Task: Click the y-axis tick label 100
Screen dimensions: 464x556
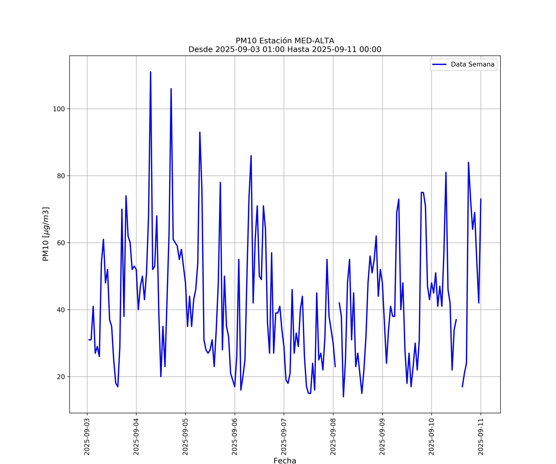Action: coord(59,109)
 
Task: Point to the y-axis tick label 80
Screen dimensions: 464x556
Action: coord(61,176)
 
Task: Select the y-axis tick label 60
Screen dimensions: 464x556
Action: coord(61,243)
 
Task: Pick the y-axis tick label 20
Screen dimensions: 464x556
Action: coord(61,377)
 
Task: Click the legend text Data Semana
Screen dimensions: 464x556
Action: coord(473,64)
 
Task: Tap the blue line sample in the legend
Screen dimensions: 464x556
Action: coord(439,64)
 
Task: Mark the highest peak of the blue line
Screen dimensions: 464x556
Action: coord(151,72)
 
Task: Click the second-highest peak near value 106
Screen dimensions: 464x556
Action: coord(171,89)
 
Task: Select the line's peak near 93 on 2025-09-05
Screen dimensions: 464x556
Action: coord(200,132)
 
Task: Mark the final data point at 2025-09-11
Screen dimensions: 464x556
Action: coord(481,199)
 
